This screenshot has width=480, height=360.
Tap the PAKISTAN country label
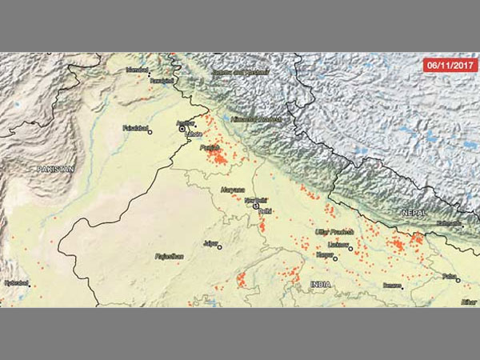(x=54, y=170)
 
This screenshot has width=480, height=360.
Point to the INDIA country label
(x=321, y=284)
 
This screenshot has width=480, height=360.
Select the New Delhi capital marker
(x=256, y=206)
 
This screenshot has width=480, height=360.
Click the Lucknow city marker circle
(x=350, y=249)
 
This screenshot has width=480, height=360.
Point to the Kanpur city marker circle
(x=335, y=258)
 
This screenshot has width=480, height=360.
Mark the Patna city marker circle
(x=458, y=279)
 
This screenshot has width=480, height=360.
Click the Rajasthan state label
(x=169, y=256)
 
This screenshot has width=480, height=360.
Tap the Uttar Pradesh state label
(x=333, y=230)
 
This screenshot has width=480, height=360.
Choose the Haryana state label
(x=232, y=190)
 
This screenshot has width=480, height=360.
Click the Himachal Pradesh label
(x=256, y=119)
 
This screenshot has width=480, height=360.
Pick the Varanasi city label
(x=392, y=284)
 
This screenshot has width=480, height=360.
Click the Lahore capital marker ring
(x=182, y=128)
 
